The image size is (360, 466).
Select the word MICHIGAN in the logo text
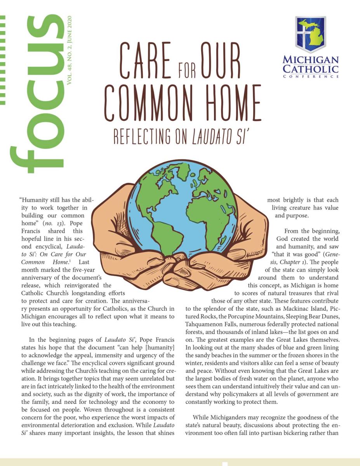point(311,60)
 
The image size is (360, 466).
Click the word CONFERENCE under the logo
point(311,77)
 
